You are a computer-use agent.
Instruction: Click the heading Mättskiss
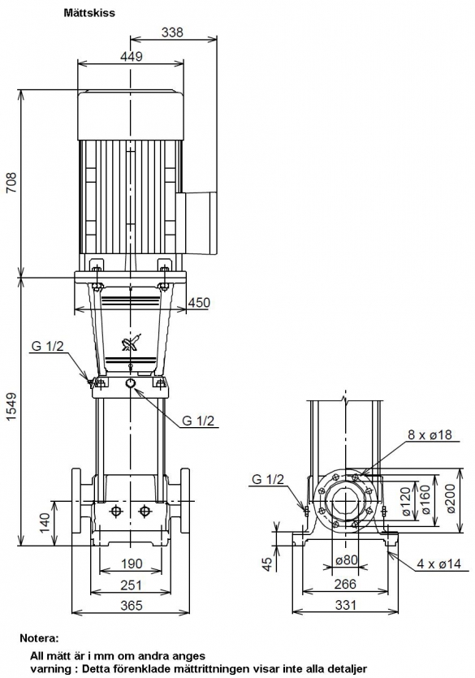pyautogui.click(x=89, y=13)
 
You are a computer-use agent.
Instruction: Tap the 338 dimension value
pyautogui.click(x=172, y=32)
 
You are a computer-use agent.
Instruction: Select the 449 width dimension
pyautogui.click(x=131, y=57)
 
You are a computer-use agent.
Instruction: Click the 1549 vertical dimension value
pyautogui.click(x=11, y=407)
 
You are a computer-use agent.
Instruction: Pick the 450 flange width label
pyautogui.click(x=199, y=302)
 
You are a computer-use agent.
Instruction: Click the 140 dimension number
pyautogui.click(x=45, y=522)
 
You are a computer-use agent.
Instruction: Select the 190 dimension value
pyautogui.click(x=131, y=564)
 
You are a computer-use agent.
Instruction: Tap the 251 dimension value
pyautogui.click(x=131, y=585)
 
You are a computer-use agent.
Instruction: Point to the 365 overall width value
pyautogui.click(x=131, y=605)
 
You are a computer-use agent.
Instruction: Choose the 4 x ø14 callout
pyautogui.click(x=438, y=564)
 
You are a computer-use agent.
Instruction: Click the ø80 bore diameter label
pyautogui.click(x=347, y=560)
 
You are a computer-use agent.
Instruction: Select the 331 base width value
pyautogui.click(x=346, y=604)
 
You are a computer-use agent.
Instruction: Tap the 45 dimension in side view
pyautogui.click(x=268, y=564)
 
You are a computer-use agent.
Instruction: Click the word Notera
pyautogui.click(x=39, y=637)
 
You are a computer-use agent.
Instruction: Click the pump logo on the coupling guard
pyautogui.click(x=130, y=343)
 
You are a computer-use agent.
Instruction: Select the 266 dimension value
pyautogui.click(x=346, y=584)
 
